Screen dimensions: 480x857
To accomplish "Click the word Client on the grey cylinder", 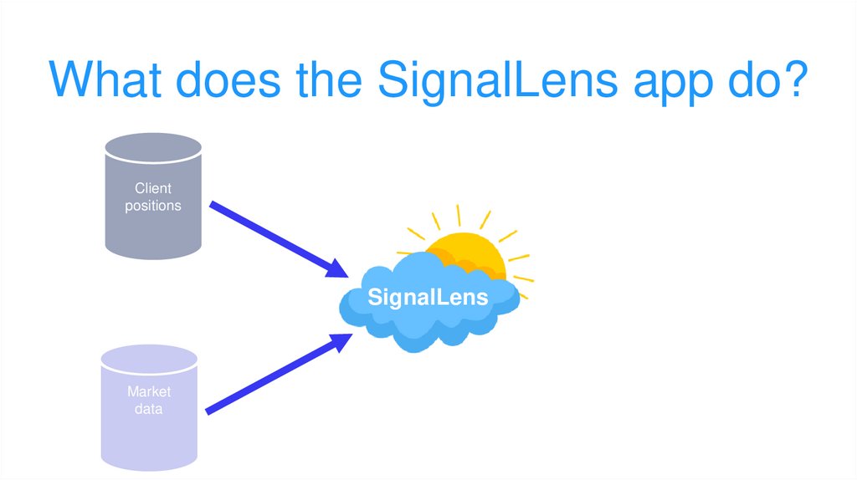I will tap(152, 189).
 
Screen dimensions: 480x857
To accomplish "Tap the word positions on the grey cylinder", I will tap(152, 206).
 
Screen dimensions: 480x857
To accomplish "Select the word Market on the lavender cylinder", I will tap(149, 392).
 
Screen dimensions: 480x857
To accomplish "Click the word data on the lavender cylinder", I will tap(149, 409).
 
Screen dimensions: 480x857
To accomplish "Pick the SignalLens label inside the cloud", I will tap(428, 297).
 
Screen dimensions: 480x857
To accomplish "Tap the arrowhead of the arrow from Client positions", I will tap(336, 268).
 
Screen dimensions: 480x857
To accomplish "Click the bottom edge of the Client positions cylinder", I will tap(152, 254).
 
